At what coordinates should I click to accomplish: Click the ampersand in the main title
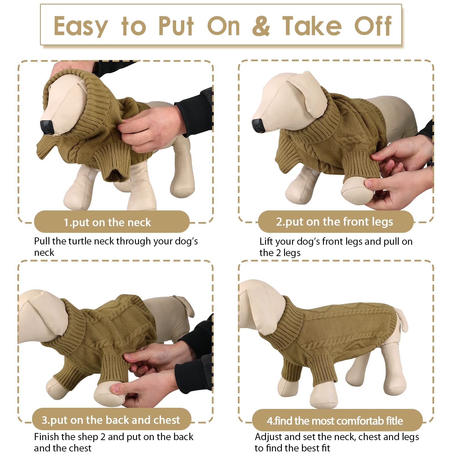pos(261,26)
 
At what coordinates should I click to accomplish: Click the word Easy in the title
pos(81,26)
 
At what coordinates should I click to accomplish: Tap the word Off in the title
pos(373,26)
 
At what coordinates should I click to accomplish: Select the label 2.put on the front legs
pos(335,221)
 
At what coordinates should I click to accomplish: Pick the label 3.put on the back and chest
pos(111,420)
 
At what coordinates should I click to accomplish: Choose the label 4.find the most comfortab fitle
pos(335,421)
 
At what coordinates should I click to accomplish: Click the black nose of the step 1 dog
pos(46,127)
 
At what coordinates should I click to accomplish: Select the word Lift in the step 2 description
pos(266,241)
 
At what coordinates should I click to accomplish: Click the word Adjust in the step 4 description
pos(268,437)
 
